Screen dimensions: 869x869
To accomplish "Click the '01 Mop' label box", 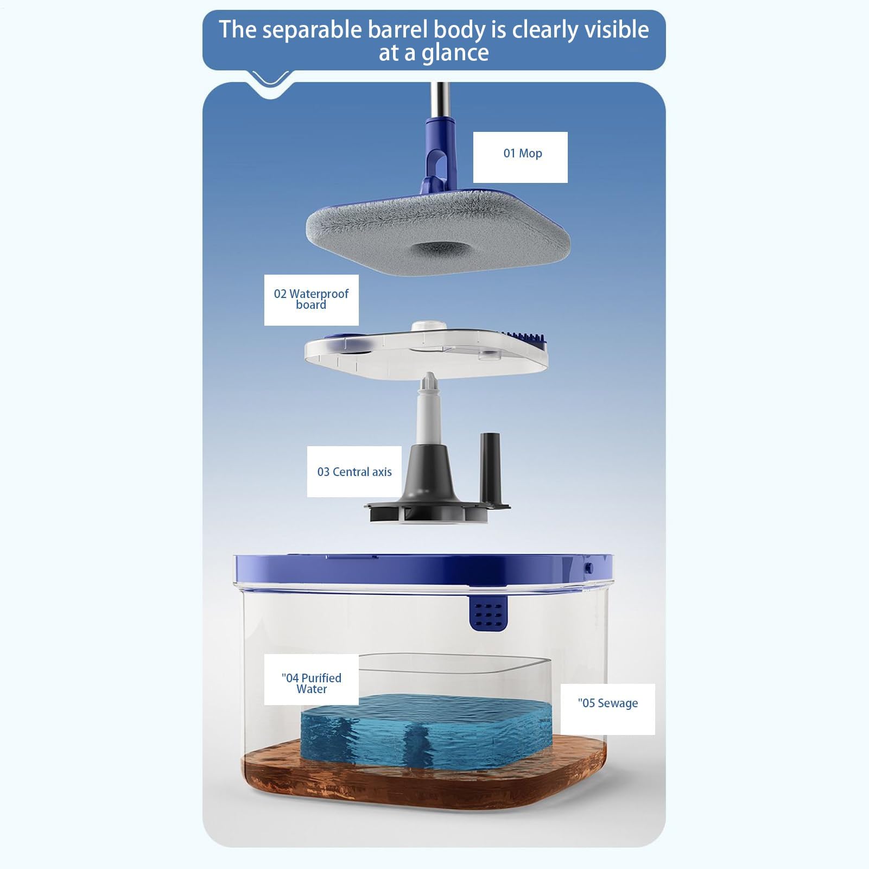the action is (x=520, y=157).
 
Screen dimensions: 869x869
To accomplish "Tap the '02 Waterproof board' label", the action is (x=311, y=300).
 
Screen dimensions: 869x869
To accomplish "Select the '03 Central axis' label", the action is (x=354, y=472).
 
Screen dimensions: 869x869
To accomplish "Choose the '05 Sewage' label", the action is (x=607, y=709).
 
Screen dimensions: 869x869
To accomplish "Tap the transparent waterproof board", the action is (x=426, y=352).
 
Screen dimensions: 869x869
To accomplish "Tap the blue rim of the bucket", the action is (x=423, y=573).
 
